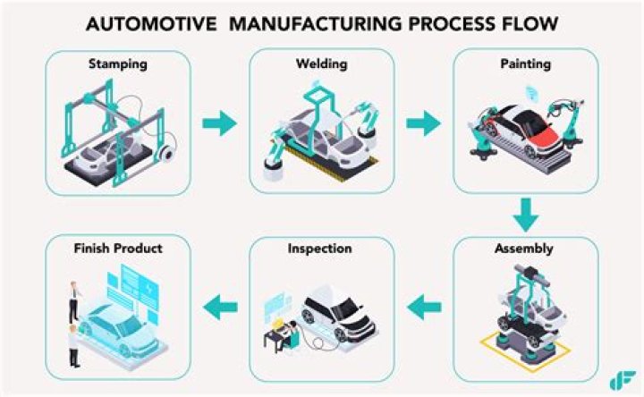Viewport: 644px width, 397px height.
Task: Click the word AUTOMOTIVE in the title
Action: pos(151,24)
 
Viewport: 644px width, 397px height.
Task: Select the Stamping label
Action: pos(118,64)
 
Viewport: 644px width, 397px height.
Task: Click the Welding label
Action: pos(322,64)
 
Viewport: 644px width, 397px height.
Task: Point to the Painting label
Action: pos(525,64)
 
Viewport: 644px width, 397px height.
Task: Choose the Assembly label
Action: pos(523,249)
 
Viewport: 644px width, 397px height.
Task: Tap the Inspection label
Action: pos(319,249)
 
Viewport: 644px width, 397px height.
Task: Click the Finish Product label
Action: pos(118,249)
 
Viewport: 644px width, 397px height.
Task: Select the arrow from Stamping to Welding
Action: pos(220,123)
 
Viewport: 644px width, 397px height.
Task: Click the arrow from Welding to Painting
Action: pos(423,123)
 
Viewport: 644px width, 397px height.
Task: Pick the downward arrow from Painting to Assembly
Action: pos(526,215)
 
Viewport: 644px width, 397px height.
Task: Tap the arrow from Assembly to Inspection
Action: pos(424,307)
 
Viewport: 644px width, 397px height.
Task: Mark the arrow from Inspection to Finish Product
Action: pos(220,307)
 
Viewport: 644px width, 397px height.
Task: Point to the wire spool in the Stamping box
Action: pos(166,153)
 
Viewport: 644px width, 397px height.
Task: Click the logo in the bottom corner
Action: pos(623,380)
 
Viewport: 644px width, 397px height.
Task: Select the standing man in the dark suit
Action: pos(74,301)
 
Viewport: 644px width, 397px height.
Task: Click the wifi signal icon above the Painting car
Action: pos(532,94)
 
